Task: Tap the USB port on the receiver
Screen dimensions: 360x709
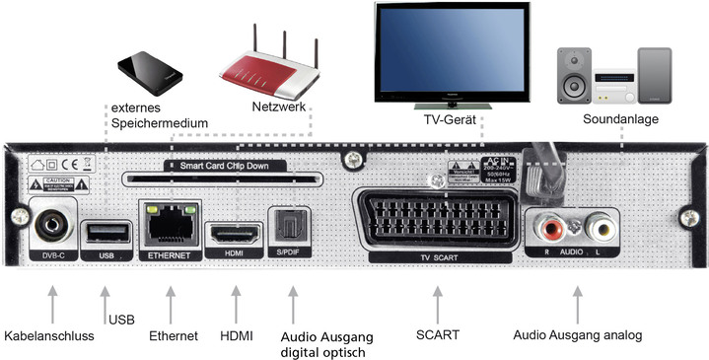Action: (107, 231)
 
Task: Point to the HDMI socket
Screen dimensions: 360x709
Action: (233, 234)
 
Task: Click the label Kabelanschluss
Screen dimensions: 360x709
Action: (48, 336)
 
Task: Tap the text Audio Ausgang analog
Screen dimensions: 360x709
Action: (577, 335)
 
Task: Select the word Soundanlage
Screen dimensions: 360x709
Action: (619, 119)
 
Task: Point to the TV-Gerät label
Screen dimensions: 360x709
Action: (444, 119)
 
